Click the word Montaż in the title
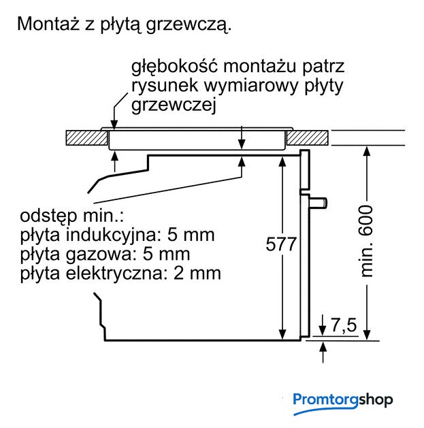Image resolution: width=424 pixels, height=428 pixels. click(48, 24)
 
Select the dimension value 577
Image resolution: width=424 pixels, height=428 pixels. click(281, 244)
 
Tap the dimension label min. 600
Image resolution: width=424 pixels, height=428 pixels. click(366, 242)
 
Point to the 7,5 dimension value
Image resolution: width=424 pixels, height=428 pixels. click(344, 325)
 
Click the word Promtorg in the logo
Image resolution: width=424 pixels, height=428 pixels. click(325, 400)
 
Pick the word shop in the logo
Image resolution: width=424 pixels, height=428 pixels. click(376, 400)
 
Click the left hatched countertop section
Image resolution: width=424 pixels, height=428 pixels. click(86, 138)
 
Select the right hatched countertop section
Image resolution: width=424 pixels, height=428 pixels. click(308, 138)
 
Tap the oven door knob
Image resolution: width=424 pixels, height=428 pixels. click(318, 203)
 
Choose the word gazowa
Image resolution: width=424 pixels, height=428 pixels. click(101, 254)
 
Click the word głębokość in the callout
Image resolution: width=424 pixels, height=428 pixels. click(174, 67)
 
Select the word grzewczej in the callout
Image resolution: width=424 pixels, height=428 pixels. click(174, 105)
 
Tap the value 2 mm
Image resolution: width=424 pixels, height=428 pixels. click(197, 274)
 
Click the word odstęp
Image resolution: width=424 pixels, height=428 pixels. click(48, 216)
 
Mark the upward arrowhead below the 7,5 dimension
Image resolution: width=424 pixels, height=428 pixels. click(323, 347)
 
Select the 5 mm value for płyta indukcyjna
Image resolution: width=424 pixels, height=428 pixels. click(191, 235)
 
